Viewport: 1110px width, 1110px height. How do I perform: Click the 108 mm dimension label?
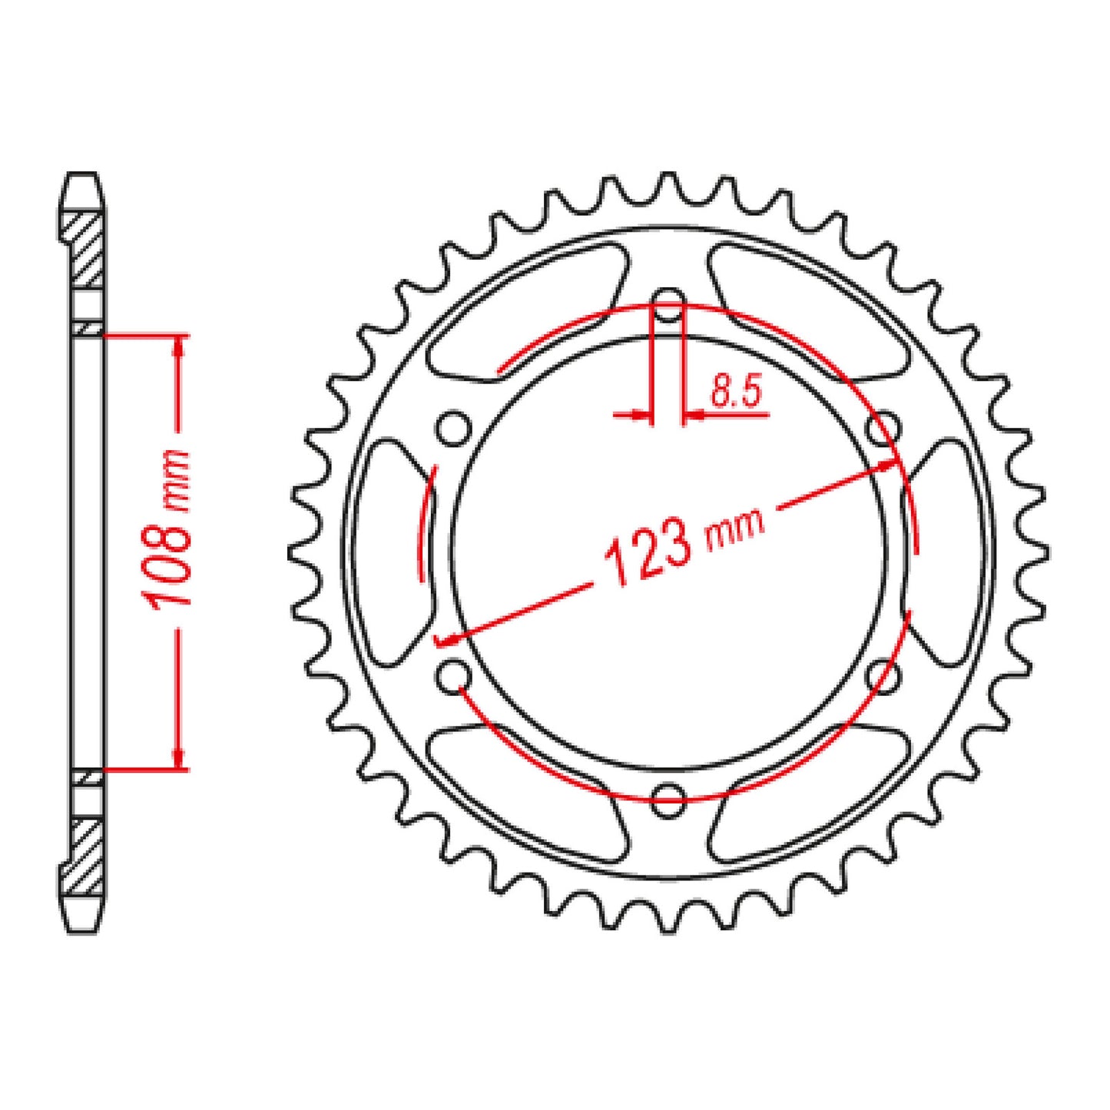pyautogui.click(x=171, y=528)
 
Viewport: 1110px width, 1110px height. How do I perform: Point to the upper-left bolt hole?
pyautogui.click(x=454, y=428)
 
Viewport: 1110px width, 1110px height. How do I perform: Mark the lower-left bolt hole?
pyautogui.click(x=454, y=674)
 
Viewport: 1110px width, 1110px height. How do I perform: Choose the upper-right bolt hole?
pyautogui.click(x=883, y=428)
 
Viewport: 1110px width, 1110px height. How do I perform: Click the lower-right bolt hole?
pyautogui.click(x=883, y=674)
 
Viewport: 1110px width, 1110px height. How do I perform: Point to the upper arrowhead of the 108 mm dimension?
pyautogui.click(x=179, y=345)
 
